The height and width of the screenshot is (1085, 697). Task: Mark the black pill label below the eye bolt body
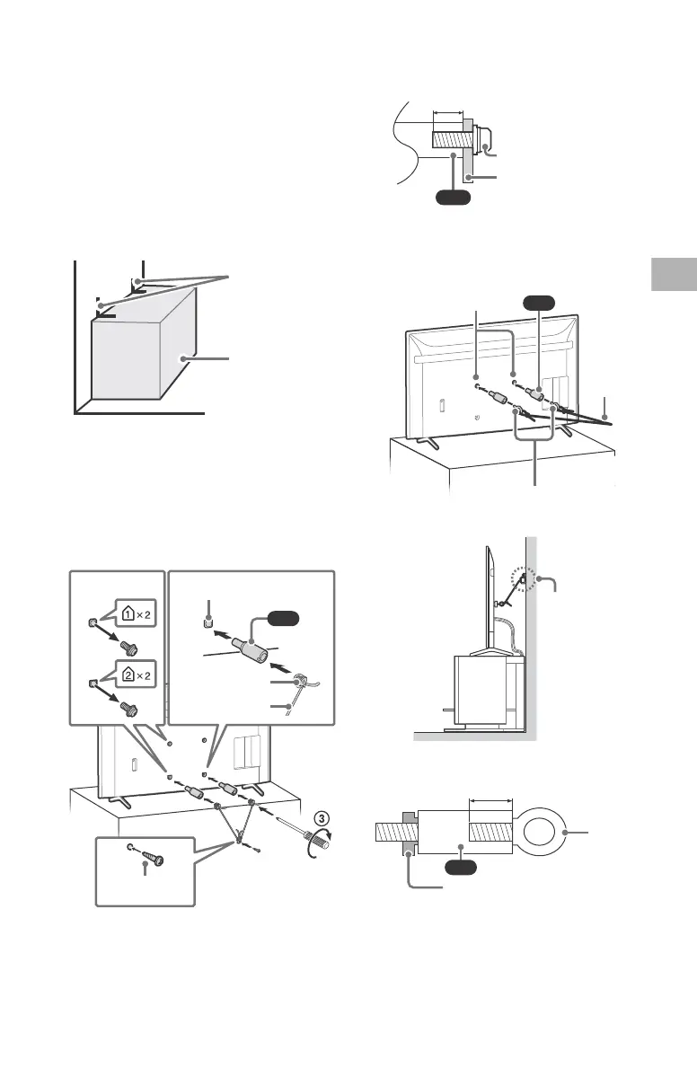pos(466,869)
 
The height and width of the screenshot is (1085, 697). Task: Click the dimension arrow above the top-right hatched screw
pos(447,114)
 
